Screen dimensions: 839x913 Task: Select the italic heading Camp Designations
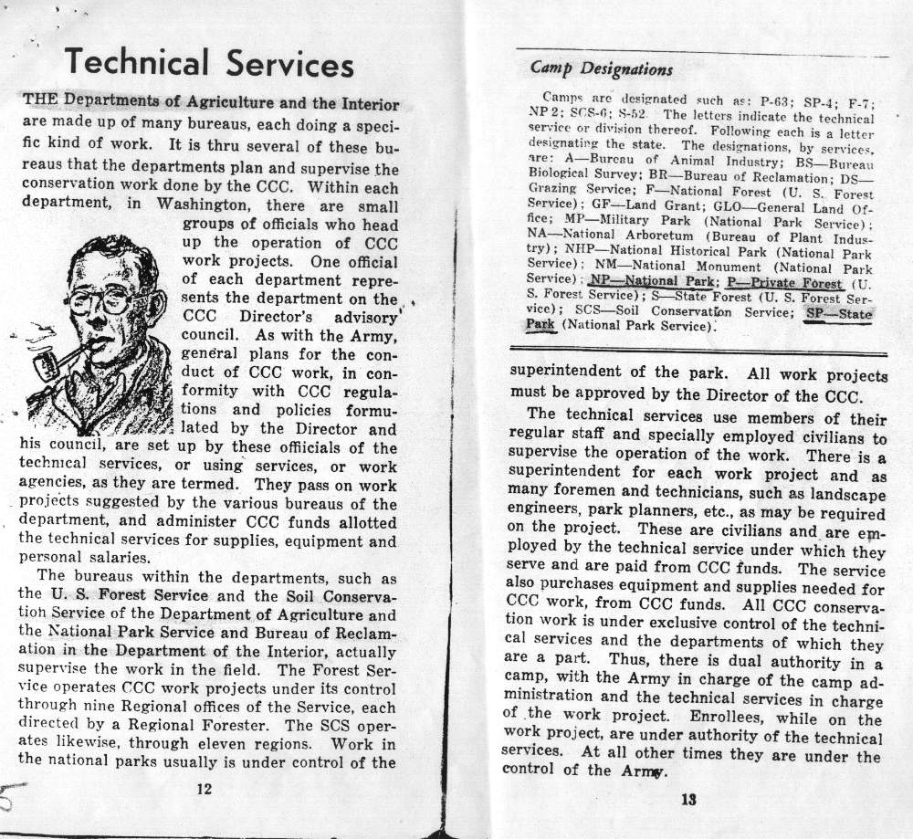[602, 69]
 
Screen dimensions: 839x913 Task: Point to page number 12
[205, 789]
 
